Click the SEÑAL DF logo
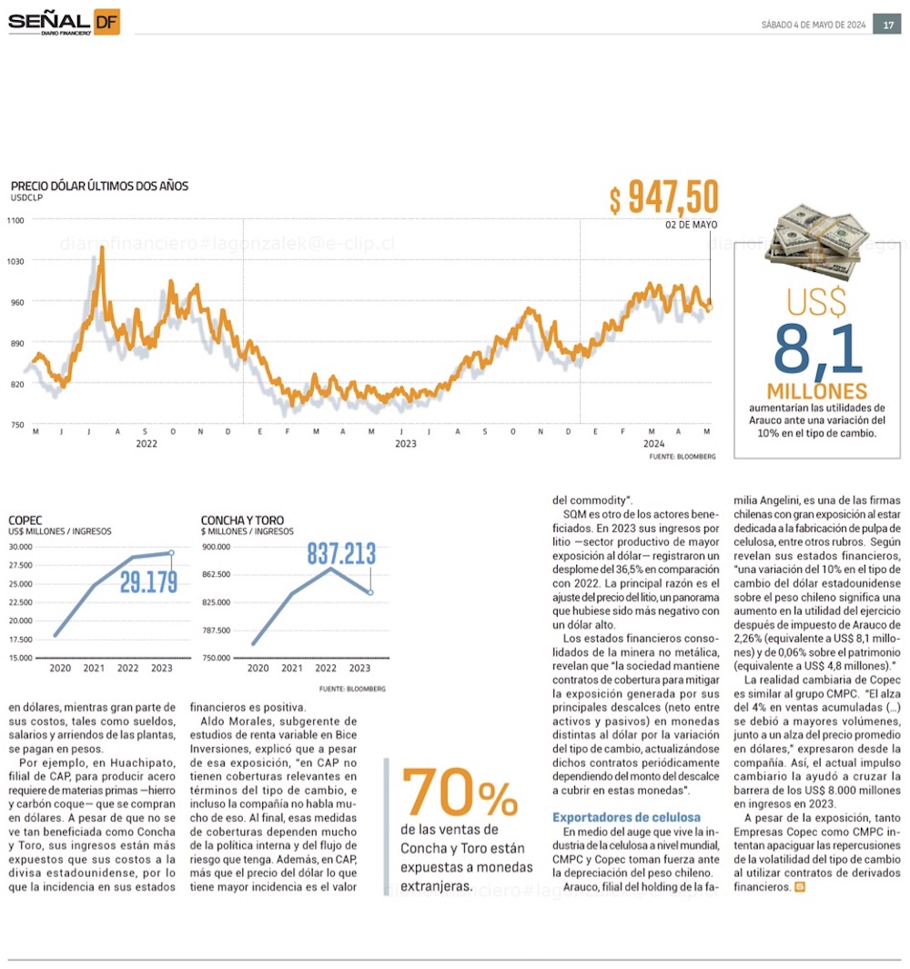click(x=63, y=22)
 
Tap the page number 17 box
click(x=888, y=25)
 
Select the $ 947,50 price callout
click(x=663, y=197)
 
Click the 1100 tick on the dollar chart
click(x=15, y=219)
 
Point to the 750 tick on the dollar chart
click(x=15, y=425)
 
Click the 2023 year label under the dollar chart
click(x=406, y=443)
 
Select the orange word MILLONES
click(x=816, y=391)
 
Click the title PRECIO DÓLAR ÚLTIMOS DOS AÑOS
click(x=100, y=186)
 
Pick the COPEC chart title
click(x=25, y=521)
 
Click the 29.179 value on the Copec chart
click(x=148, y=582)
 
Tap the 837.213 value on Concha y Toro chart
click(x=341, y=553)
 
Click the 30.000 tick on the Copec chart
click(x=21, y=547)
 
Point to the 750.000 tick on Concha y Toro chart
click(x=217, y=658)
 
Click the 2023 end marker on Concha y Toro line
click(x=370, y=592)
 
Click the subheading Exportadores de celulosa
click(x=627, y=817)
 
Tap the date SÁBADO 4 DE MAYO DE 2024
click(x=813, y=25)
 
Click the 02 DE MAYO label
click(x=691, y=224)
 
